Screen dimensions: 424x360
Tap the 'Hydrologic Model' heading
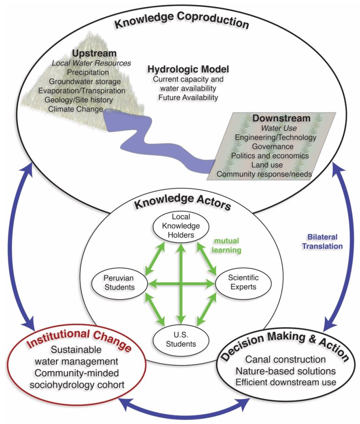(188, 70)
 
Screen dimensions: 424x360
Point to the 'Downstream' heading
(275, 118)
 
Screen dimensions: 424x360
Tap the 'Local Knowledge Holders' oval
(180, 226)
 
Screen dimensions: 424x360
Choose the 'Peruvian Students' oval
(119, 282)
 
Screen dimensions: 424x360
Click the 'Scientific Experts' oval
(243, 282)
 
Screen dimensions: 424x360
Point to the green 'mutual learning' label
(227, 246)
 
